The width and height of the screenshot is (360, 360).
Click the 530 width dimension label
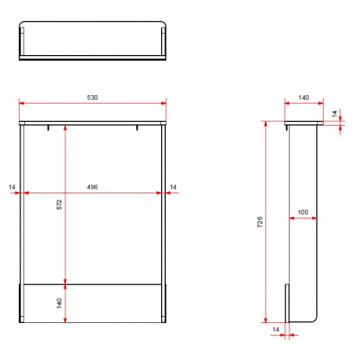click(x=93, y=97)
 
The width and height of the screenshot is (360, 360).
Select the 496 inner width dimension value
click(x=93, y=186)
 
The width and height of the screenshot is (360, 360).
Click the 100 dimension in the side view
click(x=303, y=212)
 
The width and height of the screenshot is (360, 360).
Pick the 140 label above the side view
click(x=303, y=97)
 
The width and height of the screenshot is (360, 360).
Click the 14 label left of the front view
click(x=12, y=186)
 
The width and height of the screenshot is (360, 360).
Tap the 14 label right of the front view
click(x=174, y=186)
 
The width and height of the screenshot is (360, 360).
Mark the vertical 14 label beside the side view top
click(x=334, y=114)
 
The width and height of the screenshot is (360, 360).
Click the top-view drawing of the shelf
click(x=93, y=42)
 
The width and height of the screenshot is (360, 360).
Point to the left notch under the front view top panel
click(x=49, y=127)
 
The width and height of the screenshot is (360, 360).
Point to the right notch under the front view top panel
click(x=137, y=127)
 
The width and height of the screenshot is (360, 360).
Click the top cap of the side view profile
click(x=303, y=124)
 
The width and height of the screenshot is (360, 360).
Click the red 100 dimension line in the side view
click(x=303, y=219)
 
